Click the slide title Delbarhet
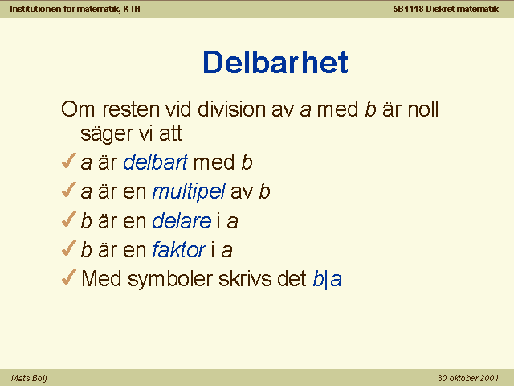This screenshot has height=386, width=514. tap(275, 62)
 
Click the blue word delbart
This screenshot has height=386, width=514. tap(155, 162)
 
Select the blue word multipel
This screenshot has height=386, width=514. tap(189, 191)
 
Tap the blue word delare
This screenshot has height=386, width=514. tap(182, 220)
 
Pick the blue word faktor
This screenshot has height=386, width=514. tap(179, 249)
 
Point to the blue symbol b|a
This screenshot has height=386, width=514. tap(327, 279)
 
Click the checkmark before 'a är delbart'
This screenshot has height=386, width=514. tap(69, 161)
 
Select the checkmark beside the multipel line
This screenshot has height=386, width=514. tap(69, 190)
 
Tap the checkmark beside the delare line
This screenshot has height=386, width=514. tap(69, 220)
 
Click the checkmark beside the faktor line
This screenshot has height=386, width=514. tap(69, 248)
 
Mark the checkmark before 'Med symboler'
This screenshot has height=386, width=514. tap(69, 277)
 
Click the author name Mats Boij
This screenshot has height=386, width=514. tap(29, 378)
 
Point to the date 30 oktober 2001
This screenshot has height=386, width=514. tap(467, 378)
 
